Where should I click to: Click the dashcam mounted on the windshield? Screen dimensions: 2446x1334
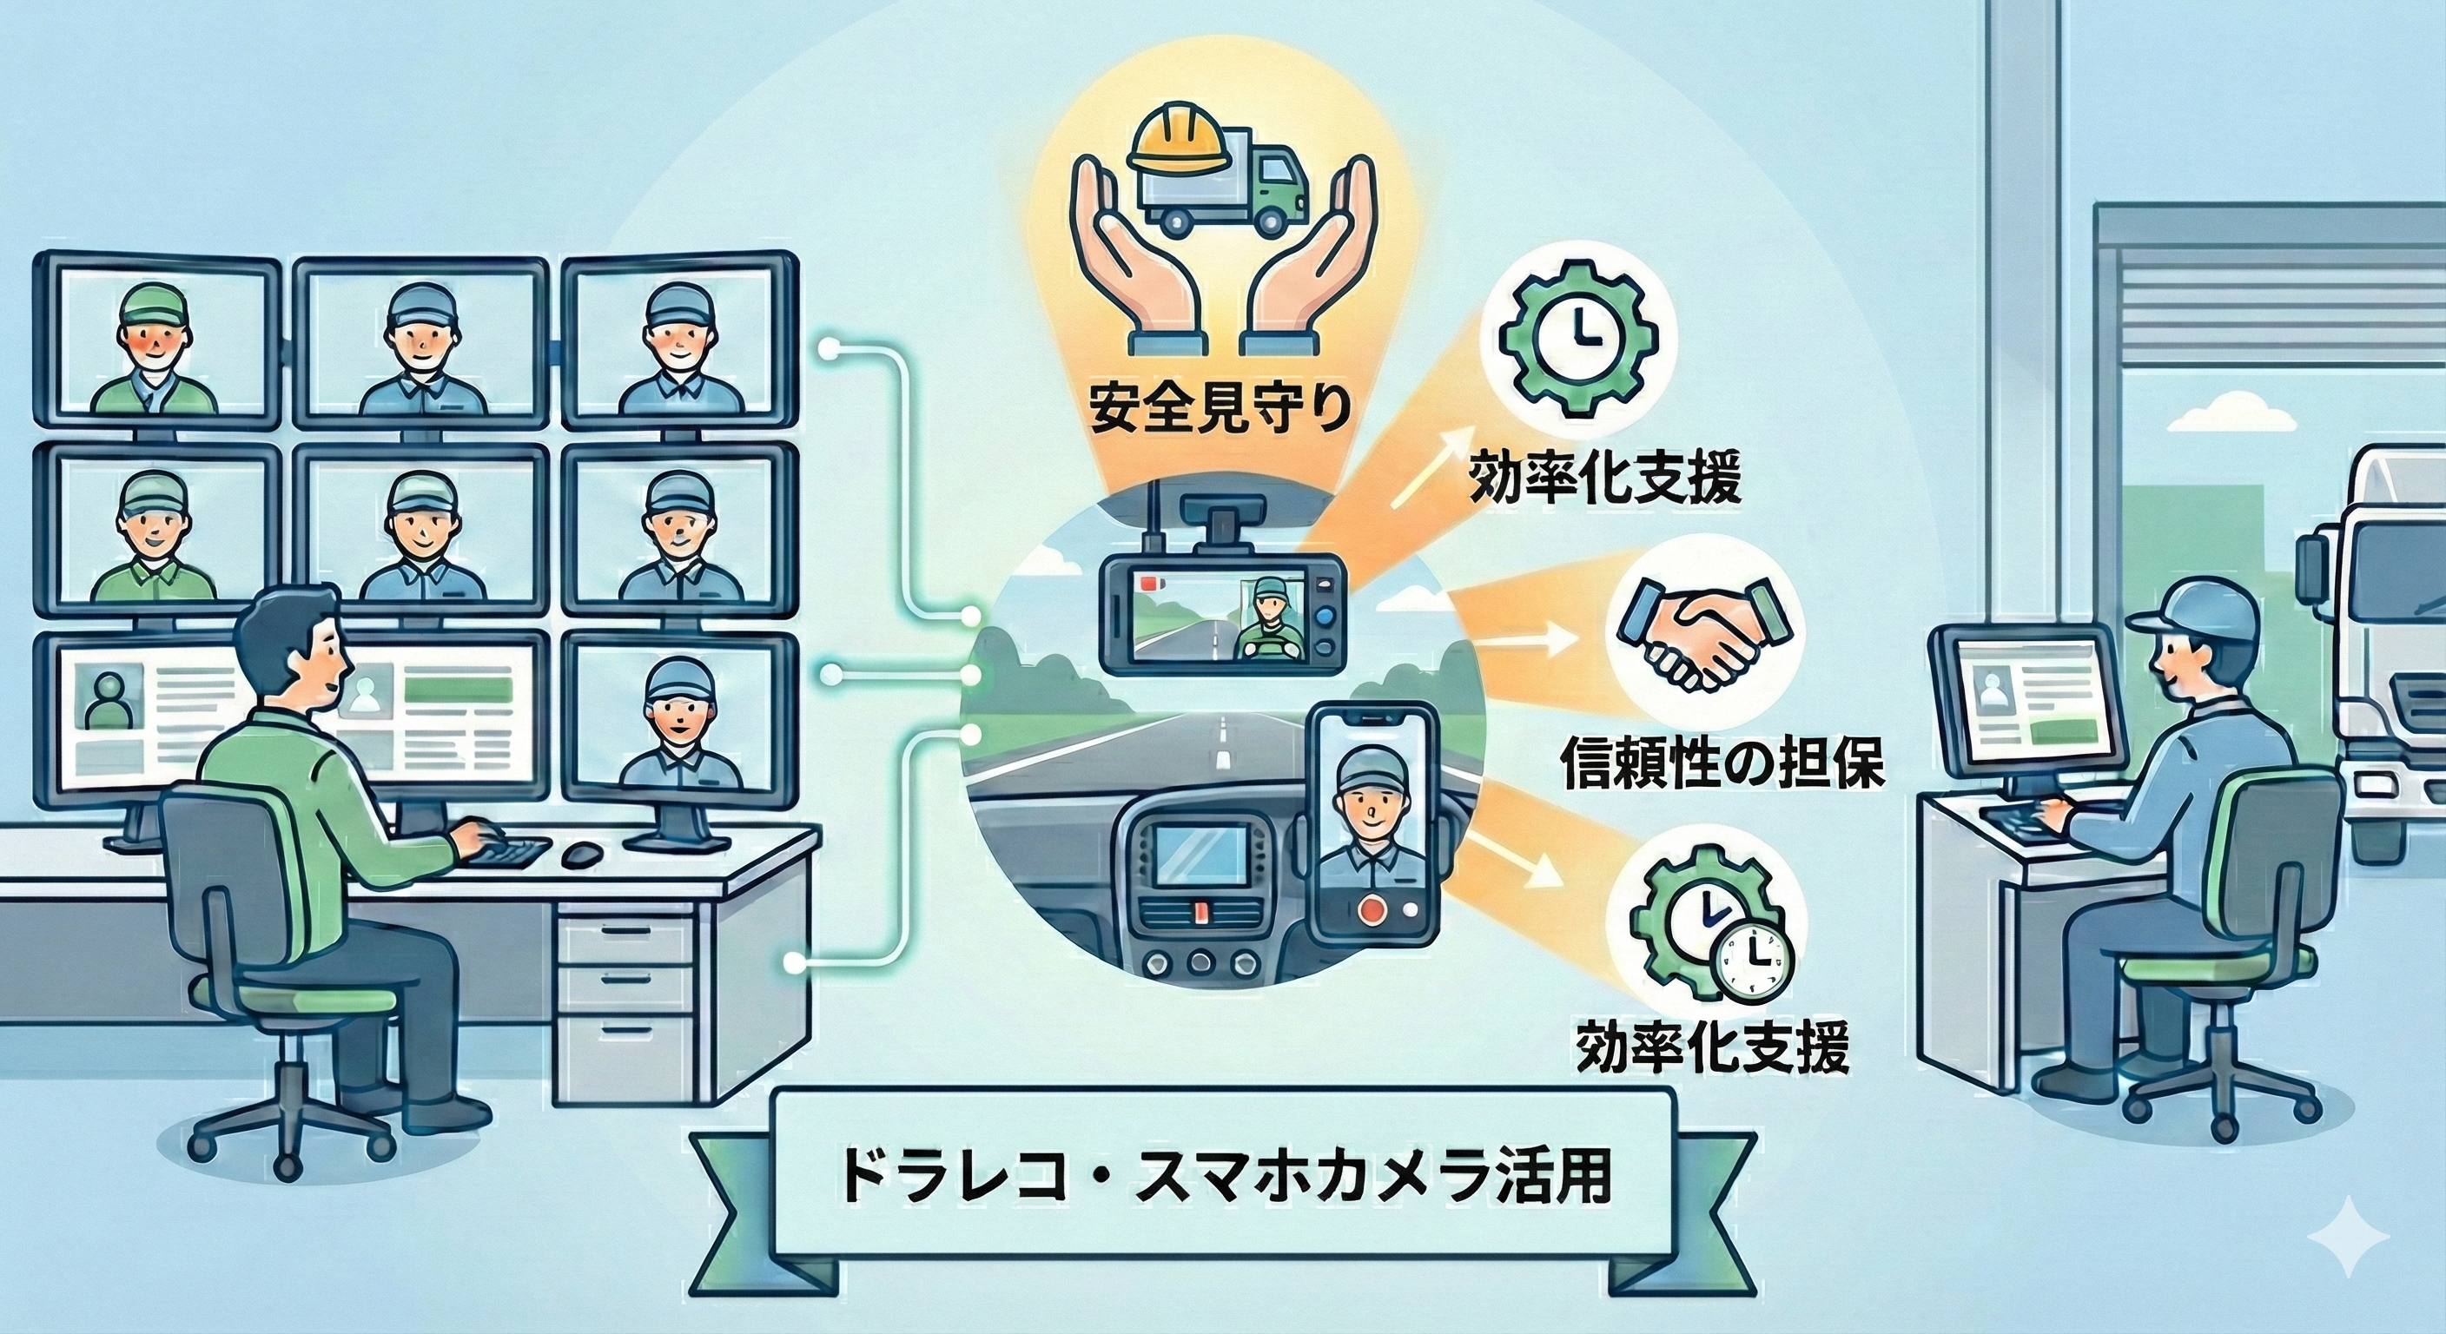[x=1221, y=608]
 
